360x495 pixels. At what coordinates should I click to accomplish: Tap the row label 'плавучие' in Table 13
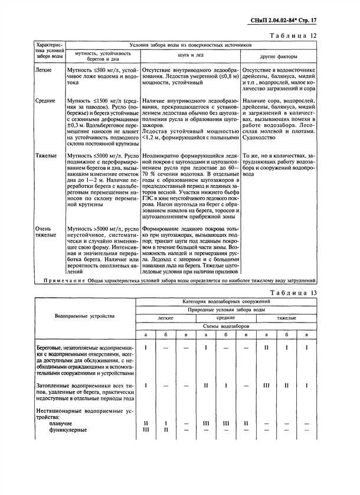(x=73, y=424)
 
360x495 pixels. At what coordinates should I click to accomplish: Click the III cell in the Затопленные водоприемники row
(x=266, y=385)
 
